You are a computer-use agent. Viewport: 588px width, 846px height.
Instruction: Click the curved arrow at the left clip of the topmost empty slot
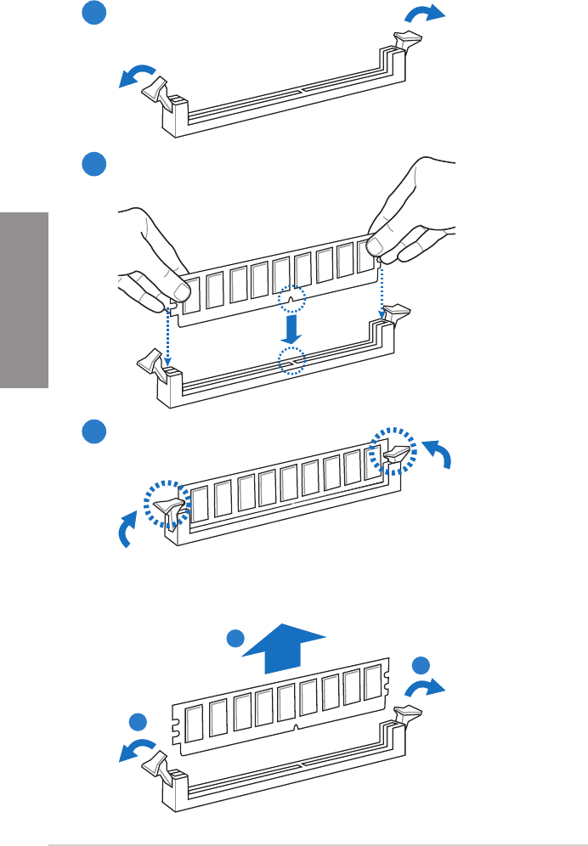click(137, 76)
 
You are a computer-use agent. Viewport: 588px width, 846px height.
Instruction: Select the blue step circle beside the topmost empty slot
click(94, 14)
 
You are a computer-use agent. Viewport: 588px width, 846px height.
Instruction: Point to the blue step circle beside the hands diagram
click(94, 164)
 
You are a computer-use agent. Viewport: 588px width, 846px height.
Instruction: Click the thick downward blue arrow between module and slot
click(291, 326)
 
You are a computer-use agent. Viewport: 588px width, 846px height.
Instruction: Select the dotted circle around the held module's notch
click(291, 299)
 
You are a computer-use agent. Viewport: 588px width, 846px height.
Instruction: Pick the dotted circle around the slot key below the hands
click(291, 359)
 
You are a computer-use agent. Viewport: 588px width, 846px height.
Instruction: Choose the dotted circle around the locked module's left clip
click(167, 506)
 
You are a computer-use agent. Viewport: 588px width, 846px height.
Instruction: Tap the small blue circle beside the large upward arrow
click(236, 640)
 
